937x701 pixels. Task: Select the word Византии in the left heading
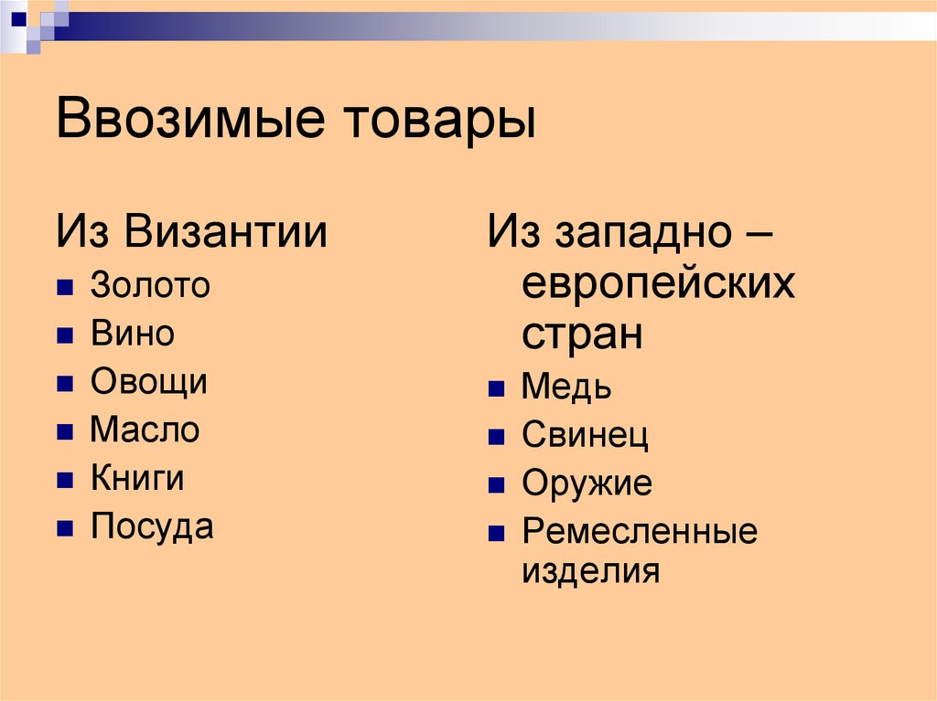(227, 232)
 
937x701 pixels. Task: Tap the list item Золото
(150, 286)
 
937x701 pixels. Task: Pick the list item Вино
(132, 334)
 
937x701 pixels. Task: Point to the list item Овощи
(148, 382)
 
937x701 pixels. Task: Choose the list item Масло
(145, 430)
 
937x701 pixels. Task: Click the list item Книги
(137, 478)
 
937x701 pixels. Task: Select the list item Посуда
(152, 526)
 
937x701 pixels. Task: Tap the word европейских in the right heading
(659, 285)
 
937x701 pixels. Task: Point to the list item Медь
(566, 388)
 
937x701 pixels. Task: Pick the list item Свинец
(585, 436)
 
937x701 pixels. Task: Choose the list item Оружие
(587, 483)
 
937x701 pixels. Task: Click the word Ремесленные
(640, 531)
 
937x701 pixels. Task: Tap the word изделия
(590, 572)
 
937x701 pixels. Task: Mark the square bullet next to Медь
(496, 390)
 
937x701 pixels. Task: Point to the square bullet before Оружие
(496, 485)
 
